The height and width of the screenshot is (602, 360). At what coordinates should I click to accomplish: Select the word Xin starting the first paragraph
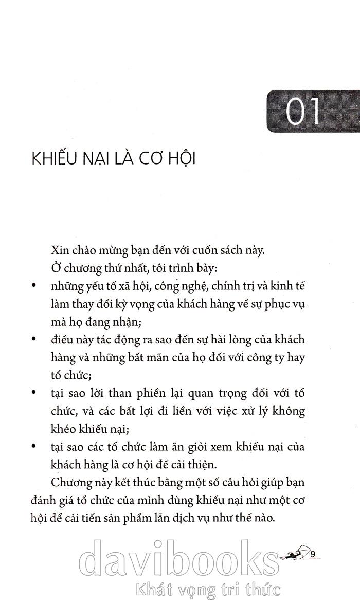click(x=61, y=251)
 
